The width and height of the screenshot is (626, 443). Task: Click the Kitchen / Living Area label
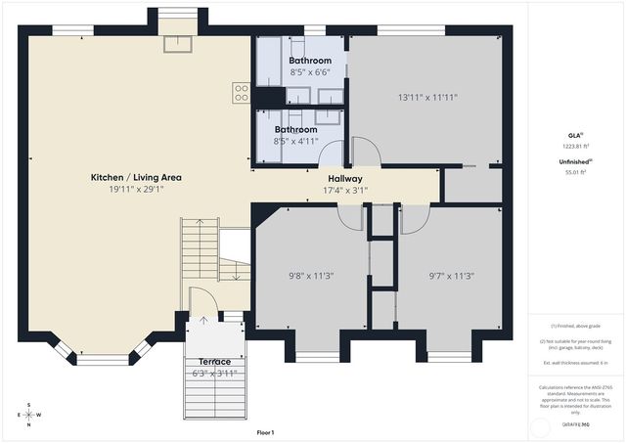[136, 178]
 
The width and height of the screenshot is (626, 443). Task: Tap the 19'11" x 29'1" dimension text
[136, 190]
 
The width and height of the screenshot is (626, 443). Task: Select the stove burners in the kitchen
[241, 93]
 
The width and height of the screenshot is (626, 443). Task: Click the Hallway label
[345, 179]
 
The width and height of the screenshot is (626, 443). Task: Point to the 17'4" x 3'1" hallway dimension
[345, 191]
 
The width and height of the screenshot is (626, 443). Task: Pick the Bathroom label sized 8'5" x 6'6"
[309, 61]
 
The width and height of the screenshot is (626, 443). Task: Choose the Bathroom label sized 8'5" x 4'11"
[295, 129]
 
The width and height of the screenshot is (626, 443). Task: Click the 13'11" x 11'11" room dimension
[427, 98]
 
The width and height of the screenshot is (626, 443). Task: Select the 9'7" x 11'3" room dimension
[451, 276]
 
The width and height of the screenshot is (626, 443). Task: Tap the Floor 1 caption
[265, 432]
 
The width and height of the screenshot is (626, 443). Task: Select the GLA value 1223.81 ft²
[576, 145]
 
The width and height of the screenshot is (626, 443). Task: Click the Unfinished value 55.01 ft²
[576, 172]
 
